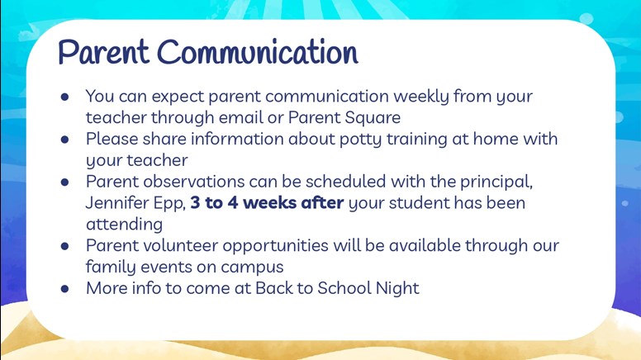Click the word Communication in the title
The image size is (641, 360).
(x=258, y=52)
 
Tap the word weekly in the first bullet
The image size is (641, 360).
(x=421, y=97)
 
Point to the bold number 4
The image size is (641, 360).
(x=233, y=203)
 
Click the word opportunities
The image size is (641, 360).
(x=276, y=246)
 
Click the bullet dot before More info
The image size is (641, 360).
(x=64, y=289)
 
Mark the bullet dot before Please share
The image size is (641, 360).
(x=64, y=140)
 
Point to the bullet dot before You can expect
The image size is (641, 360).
(x=64, y=97)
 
